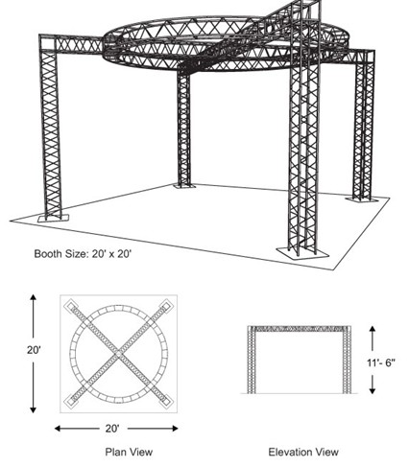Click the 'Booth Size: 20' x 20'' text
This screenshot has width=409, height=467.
pyautogui.click(x=83, y=254)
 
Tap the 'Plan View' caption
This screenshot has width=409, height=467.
pyautogui.click(x=129, y=452)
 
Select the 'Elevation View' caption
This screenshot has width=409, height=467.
pyautogui.click(x=303, y=452)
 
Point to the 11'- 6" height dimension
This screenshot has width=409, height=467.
pyautogui.click(x=380, y=362)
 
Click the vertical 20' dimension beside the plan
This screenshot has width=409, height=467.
pyautogui.click(x=34, y=350)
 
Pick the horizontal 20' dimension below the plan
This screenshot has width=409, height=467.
pyautogui.click(x=112, y=429)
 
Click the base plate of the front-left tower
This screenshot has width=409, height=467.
pyautogui.click(x=53, y=218)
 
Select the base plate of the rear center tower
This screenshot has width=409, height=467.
pyautogui.click(x=184, y=185)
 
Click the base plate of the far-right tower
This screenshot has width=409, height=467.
pyautogui.click(x=362, y=199)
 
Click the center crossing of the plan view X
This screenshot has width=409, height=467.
pyautogui.click(x=119, y=354)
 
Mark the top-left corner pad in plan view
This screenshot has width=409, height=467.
pyautogui.click(x=72, y=306)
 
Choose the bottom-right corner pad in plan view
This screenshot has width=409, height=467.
pyautogui.click(x=165, y=401)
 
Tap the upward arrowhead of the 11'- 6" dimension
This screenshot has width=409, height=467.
pyautogui.click(x=372, y=329)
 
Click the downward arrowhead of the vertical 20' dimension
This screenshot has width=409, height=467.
pyautogui.click(x=34, y=409)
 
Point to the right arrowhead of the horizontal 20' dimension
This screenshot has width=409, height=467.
pyautogui.click(x=175, y=429)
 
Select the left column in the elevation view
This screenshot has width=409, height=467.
pyautogui.click(x=252, y=360)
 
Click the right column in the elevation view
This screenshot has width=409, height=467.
pyautogui.click(x=347, y=360)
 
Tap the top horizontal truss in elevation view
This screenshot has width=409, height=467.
pyautogui.click(x=300, y=329)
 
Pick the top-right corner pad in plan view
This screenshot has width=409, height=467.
pyautogui.click(x=165, y=306)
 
